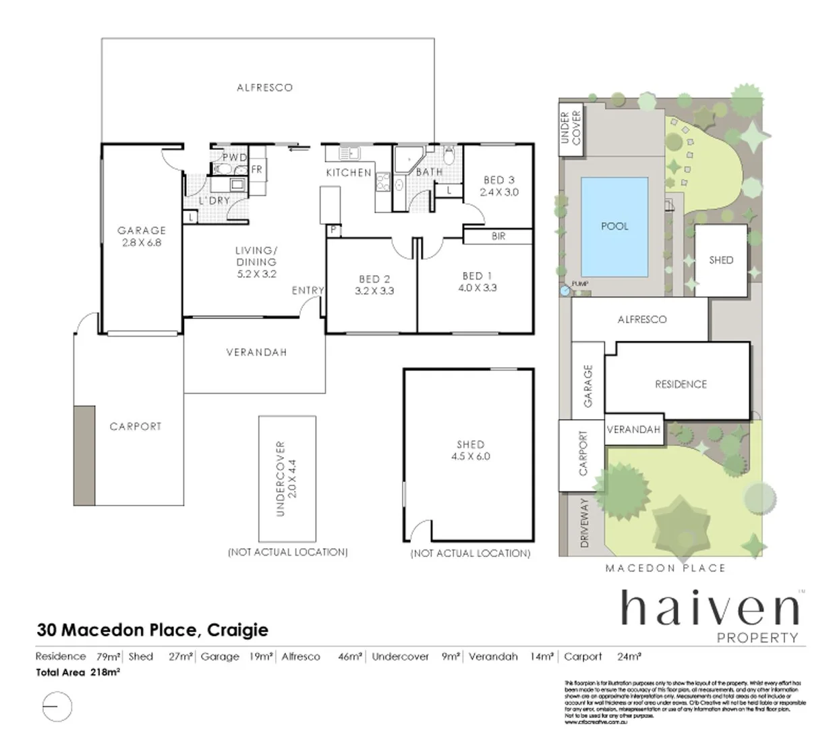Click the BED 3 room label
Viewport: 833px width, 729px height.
tap(498, 180)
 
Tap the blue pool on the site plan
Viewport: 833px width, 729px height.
tap(614, 226)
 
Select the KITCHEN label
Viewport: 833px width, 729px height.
tap(349, 173)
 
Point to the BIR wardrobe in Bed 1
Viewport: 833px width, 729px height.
tap(498, 236)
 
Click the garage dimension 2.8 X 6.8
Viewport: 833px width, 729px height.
tap(142, 243)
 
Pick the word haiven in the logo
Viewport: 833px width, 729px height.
tap(708, 609)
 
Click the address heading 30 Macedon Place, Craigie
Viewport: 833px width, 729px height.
tap(152, 630)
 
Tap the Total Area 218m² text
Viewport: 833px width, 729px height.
tap(78, 672)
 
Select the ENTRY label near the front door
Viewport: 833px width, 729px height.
tap(308, 290)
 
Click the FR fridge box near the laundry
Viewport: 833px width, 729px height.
tap(257, 169)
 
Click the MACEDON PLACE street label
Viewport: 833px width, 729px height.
tap(665, 568)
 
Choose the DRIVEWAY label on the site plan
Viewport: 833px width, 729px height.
tap(584, 522)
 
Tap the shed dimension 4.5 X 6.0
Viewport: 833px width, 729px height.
tap(470, 456)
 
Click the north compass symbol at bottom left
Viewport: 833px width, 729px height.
tap(57, 707)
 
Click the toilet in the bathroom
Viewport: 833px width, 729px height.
tap(449, 156)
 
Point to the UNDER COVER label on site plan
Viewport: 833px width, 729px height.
tap(571, 128)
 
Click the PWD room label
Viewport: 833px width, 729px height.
tap(235, 158)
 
